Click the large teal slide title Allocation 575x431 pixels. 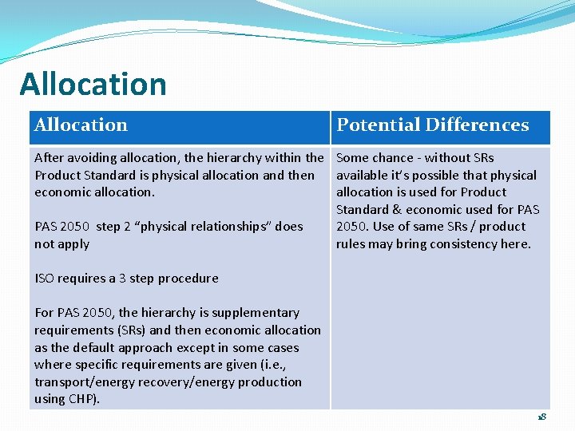pos(93,85)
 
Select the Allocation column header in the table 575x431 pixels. pos(81,125)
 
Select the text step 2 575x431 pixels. pos(108,227)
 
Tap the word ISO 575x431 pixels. pos(45,279)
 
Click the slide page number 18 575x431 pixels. pos(541,417)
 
